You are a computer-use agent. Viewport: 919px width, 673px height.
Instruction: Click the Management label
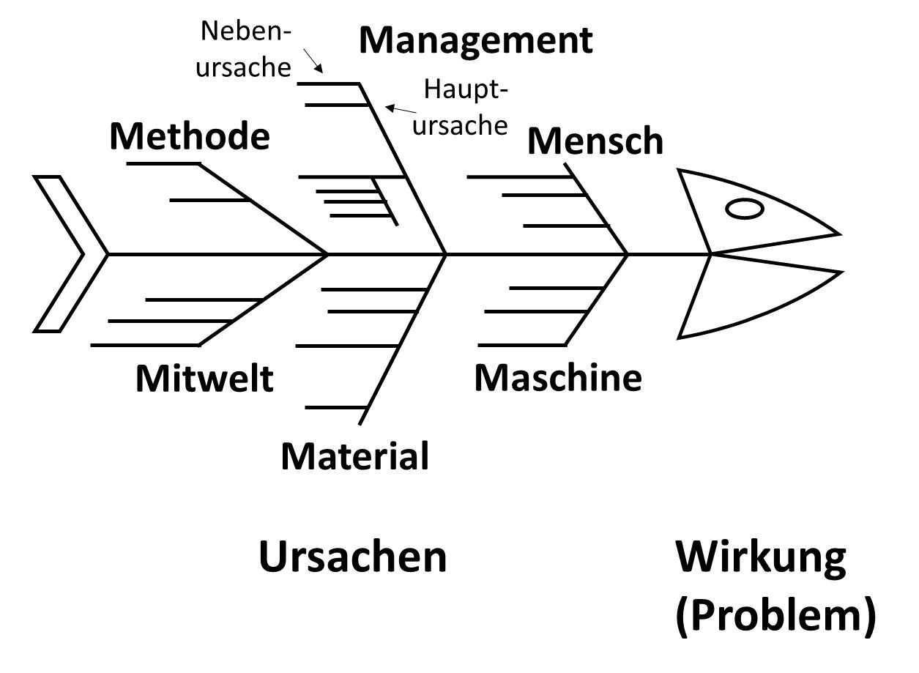point(475,41)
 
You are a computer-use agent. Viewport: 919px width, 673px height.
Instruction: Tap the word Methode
point(190,137)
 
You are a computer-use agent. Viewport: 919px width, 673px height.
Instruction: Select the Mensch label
point(595,141)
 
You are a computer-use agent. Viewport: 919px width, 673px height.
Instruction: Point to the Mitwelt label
point(204,379)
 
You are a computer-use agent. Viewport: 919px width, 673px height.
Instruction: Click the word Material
point(354,456)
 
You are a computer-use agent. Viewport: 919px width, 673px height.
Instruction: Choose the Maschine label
point(558,378)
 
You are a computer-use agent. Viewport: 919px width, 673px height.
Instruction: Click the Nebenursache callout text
point(245,49)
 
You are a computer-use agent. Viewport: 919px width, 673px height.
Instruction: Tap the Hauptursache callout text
point(461,108)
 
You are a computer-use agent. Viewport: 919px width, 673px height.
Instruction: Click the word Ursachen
point(352,557)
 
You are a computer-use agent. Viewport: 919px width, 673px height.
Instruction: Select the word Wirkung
point(760,557)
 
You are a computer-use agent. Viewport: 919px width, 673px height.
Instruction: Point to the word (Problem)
point(775,616)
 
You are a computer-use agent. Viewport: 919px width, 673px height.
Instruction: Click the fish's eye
point(744,209)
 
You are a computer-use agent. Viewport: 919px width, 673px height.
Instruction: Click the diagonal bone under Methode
point(264,209)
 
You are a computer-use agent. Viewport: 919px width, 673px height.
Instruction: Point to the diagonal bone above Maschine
point(597,300)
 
